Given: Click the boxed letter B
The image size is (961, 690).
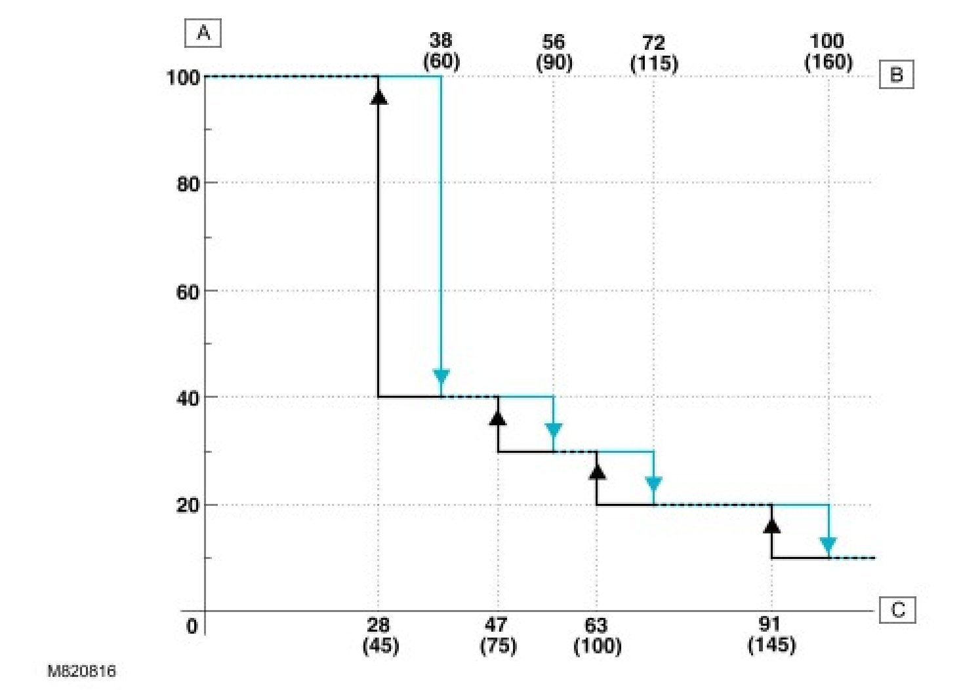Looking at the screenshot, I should coord(896,75).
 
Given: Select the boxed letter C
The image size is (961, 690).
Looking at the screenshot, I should coord(897,610).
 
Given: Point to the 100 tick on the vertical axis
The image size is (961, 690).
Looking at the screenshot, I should coord(183,77).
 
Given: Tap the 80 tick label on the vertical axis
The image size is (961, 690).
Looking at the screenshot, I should coord(188,183).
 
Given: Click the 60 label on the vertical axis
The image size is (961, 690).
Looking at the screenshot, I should coord(188,292).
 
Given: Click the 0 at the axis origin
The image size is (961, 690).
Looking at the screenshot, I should coord(192,626).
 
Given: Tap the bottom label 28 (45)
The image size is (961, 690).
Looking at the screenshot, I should coord(380,635).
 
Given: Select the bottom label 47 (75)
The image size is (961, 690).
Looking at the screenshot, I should coord(498,635).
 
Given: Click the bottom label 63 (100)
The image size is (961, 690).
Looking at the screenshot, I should coord(597,635).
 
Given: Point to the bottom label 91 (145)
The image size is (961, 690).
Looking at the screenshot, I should coord(771,634).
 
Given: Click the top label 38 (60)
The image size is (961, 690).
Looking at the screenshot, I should coord(441,51).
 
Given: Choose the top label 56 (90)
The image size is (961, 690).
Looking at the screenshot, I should coord(554,52).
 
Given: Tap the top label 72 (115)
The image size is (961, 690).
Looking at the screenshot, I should coord(654,52).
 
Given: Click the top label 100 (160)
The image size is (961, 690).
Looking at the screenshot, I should coord(828,51).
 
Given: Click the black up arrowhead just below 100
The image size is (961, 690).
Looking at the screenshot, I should coord(379,97).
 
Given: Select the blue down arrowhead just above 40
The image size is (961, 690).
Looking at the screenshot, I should coord(441,377).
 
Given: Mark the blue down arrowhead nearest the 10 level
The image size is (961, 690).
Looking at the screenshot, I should coord(828,545).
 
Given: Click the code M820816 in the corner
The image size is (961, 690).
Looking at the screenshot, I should coord(81,671).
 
